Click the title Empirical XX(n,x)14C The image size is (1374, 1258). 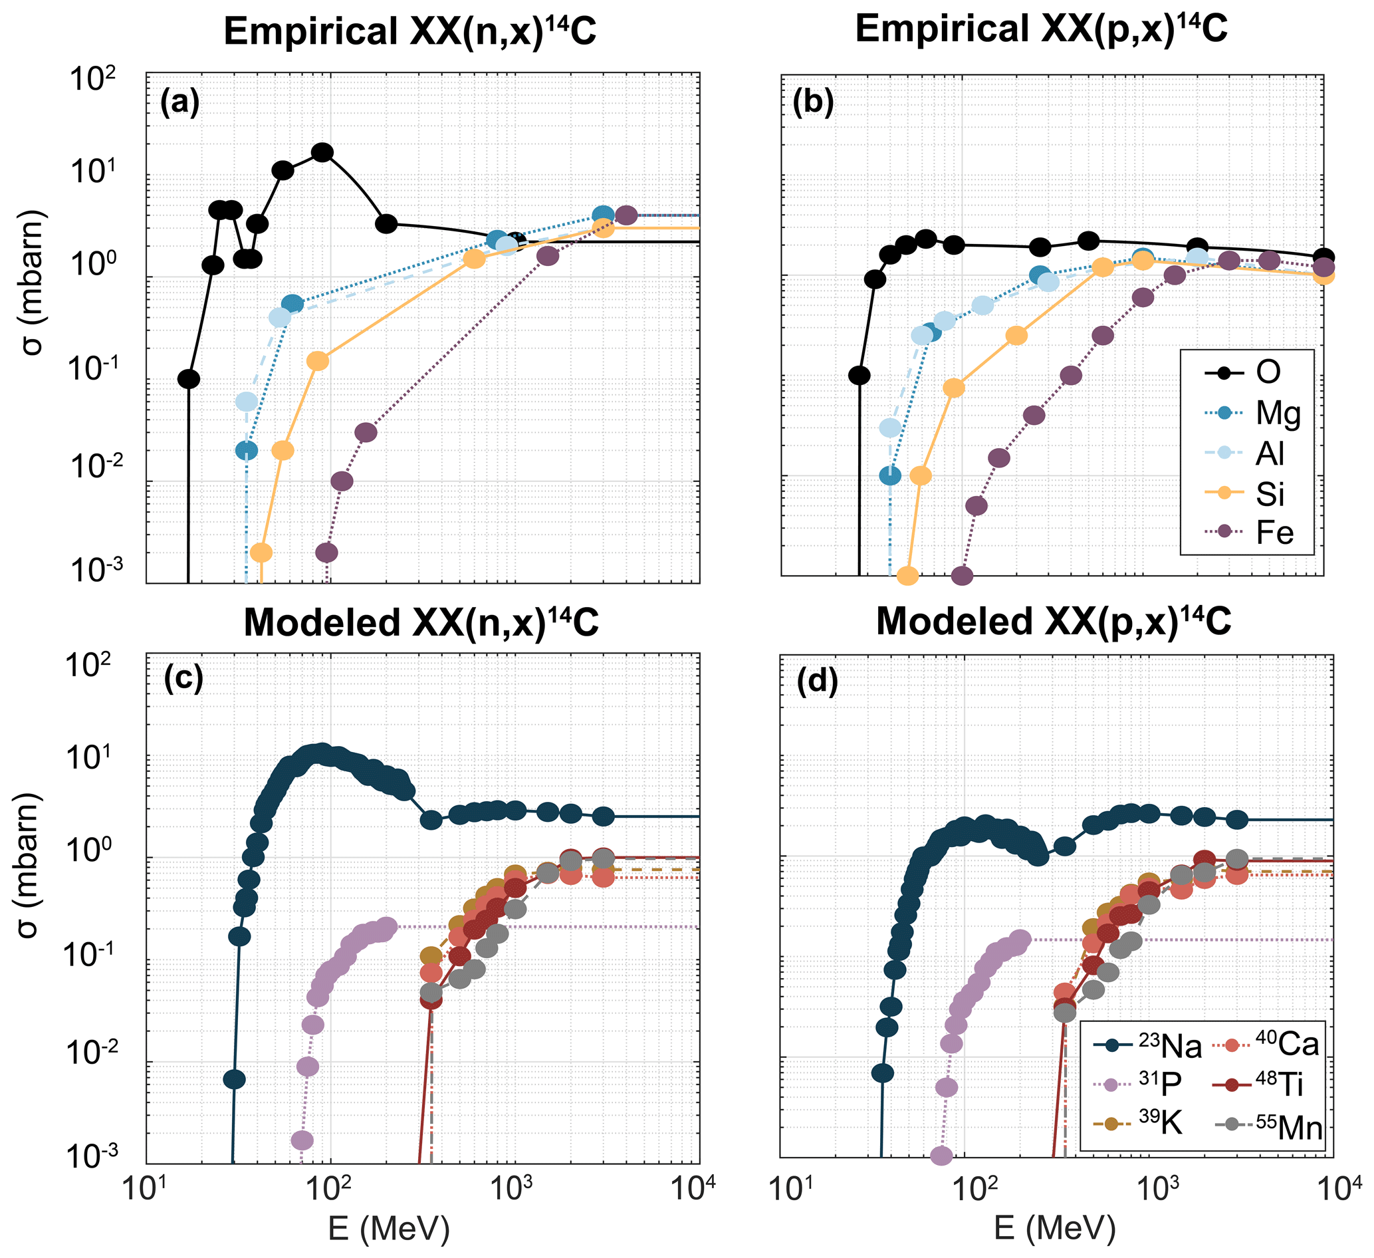[x=410, y=31]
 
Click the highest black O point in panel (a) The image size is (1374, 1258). [x=322, y=153]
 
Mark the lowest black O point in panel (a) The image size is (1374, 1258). [x=189, y=379]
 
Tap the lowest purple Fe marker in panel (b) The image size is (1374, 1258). [x=962, y=576]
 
